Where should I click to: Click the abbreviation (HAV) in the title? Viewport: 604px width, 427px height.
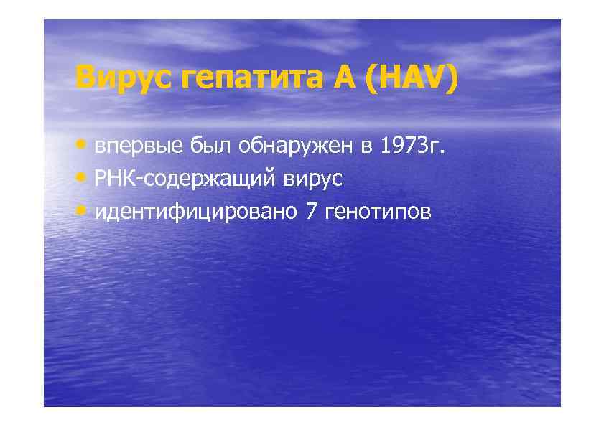(x=411, y=78)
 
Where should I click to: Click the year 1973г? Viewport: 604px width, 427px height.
(x=413, y=146)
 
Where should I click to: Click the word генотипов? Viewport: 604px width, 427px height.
(x=378, y=213)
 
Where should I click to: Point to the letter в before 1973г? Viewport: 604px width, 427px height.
(x=367, y=148)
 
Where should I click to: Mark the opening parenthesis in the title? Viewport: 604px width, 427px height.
(x=371, y=78)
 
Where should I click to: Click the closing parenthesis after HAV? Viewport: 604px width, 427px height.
(x=450, y=78)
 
